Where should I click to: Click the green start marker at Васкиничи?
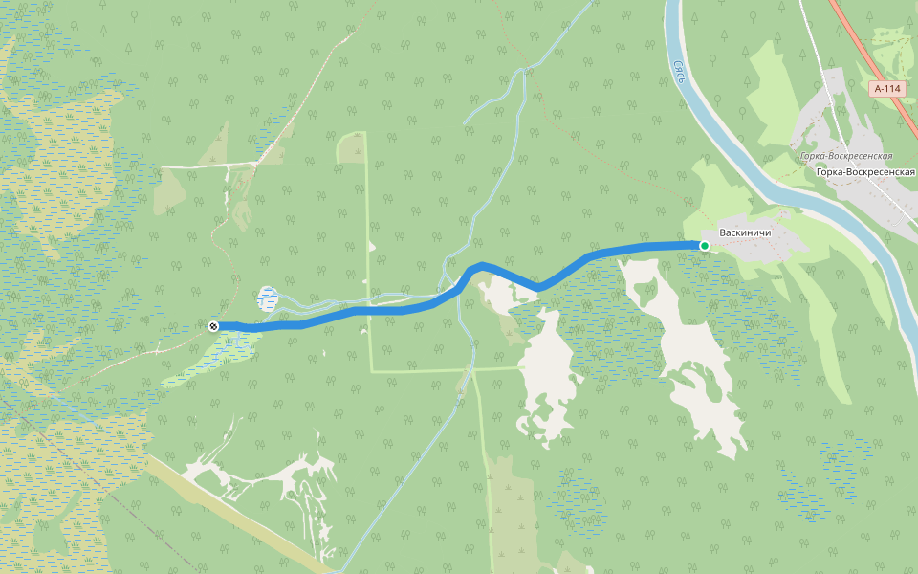tap(705, 246)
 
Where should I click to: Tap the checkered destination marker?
tap(213, 326)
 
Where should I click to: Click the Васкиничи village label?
tap(745, 232)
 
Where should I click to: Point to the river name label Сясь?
tap(678, 73)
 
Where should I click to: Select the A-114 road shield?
tap(886, 89)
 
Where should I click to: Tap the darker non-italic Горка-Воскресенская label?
tap(866, 172)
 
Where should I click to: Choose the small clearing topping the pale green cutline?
tap(352, 147)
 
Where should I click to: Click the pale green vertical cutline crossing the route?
tap(369, 239)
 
